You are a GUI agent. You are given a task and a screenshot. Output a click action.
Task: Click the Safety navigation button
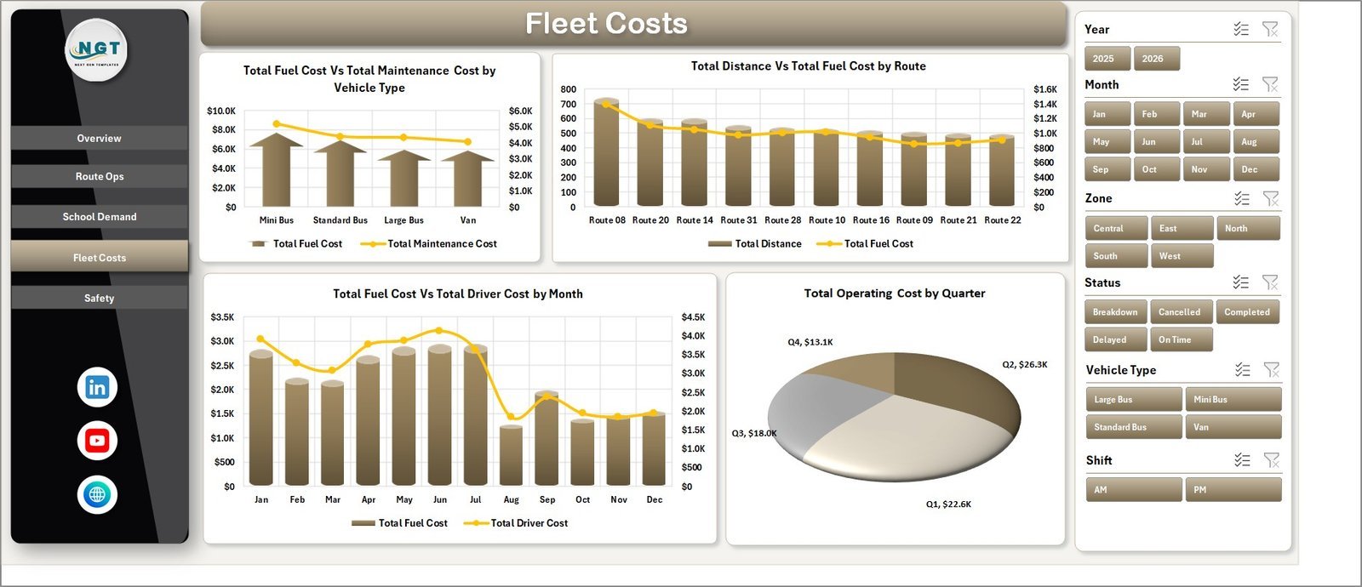tap(99, 298)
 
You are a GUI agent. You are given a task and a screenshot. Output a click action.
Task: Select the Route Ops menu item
tap(99, 176)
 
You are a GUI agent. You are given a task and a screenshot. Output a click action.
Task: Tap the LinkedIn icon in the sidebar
tap(97, 387)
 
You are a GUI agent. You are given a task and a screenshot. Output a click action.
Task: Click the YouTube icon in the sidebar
tap(97, 441)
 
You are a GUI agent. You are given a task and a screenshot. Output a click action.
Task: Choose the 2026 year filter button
tap(1157, 59)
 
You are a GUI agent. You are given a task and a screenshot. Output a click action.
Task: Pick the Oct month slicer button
tap(1157, 169)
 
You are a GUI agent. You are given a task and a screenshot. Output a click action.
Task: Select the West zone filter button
tap(1182, 256)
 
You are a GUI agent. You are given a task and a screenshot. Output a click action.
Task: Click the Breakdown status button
tap(1116, 311)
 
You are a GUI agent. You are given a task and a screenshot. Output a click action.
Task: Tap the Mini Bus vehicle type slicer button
tap(1233, 399)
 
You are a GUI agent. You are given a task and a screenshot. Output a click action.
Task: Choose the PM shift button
tap(1233, 490)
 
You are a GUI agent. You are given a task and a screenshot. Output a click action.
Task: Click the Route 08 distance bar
tap(606, 152)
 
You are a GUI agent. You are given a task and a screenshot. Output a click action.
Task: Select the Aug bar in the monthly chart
tap(512, 455)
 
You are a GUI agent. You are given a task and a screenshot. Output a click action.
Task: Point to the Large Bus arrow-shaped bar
tap(403, 178)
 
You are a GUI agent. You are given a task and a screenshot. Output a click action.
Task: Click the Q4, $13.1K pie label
tap(810, 342)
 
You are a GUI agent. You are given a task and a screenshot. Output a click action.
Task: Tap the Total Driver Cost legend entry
tap(516, 523)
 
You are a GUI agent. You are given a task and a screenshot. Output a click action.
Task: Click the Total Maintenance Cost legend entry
tap(429, 243)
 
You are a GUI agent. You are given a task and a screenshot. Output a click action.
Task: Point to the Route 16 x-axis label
tap(871, 220)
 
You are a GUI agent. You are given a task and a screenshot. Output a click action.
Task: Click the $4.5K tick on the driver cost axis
tap(693, 317)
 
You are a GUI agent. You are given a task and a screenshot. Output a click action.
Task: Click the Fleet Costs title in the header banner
tap(606, 24)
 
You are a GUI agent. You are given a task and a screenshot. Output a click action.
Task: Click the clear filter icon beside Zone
tap(1271, 198)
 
